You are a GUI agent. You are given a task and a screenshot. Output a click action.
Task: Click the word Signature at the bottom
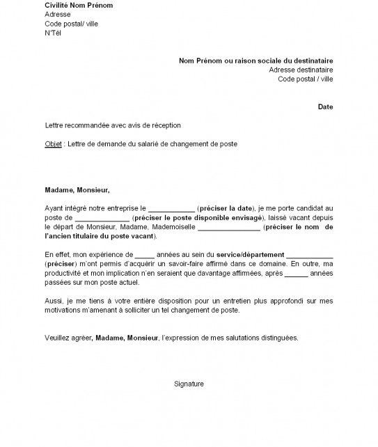[189, 384]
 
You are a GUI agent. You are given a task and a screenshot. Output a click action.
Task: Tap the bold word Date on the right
[325, 107]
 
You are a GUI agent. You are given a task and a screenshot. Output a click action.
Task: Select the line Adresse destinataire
[301, 70]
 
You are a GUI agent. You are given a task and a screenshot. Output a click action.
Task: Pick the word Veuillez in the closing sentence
[56, 338]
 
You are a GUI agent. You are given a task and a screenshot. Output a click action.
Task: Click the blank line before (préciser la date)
[172, 208]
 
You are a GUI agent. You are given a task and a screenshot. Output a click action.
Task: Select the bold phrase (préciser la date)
[226, 208]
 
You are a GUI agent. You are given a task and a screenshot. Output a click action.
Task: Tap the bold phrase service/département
[249, 255]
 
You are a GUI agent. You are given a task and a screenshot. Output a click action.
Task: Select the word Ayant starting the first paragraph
[53, 208]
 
